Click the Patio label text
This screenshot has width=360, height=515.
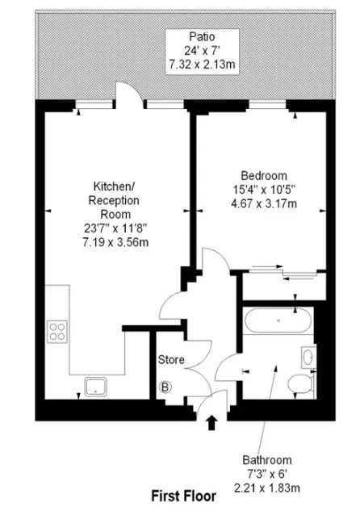pyautogui.click(x=202, y=36)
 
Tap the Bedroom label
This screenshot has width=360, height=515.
pyautogui.click(x=264, y=176)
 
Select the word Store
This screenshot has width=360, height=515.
pyautogui.click(x=171, y=360)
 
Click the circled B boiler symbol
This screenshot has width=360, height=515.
pyautogui.click(x=165, y=387)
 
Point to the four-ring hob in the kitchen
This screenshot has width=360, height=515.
pyautogui.click(x=57, y=332)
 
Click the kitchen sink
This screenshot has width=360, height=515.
pyautogui.click(x=95, y=387)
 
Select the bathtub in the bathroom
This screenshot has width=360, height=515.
pyautogui.click(x=277, y=320)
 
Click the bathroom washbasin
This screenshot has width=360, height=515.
pyautogui.click(x=309, y=358)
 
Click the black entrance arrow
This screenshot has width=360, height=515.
pyautogui.click(x=211, y=423)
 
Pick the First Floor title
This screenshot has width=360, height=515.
pyautogui.click(x=183, y=496)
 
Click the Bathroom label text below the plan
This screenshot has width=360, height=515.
pyautogui.click(x=266, y=460)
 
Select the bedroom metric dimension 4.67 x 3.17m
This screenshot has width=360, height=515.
pyautogui.click(x=264, y=203)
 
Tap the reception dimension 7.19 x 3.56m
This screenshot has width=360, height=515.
pyautogui.click(x=115, y=242)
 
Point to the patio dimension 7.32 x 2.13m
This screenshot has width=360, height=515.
pyautogui.click(x=202, y=64)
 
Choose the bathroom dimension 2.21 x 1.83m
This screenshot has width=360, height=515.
pyautogui.click(x=266, y=488)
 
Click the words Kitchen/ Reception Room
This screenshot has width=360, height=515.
pyautogui.click(x=114, y=200)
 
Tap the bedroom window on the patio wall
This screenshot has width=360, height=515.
pyautogui.click(x=267, y=105)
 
